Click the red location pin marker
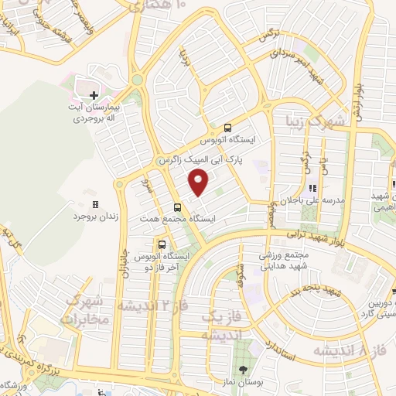tap(200, 183)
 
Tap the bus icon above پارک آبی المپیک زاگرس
tap(227, 128)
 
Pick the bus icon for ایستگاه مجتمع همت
tap(179, 207)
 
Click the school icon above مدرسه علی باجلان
tap(312, 187)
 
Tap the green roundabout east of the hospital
tap(138, 79)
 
